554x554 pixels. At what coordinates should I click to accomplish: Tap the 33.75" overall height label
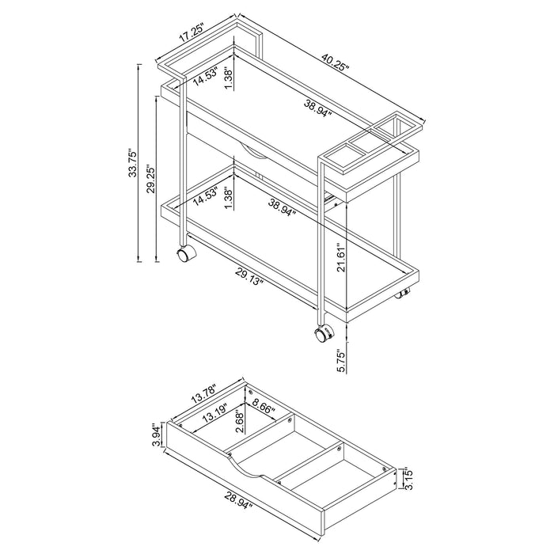tap(135, 167)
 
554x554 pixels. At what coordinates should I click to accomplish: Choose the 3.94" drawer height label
tap(157, 434)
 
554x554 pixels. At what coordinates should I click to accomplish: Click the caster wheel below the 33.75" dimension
tap(184, 254)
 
